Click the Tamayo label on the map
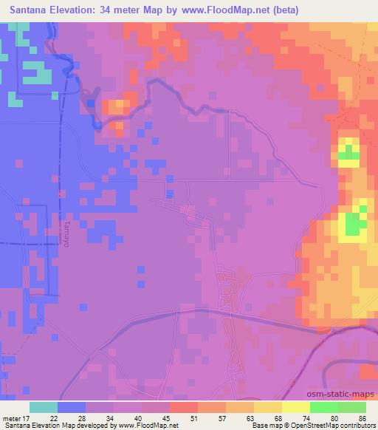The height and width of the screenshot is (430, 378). [65, 233]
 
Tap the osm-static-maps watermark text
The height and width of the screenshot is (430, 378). [347, 393]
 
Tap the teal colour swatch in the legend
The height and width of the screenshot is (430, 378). [44, 408]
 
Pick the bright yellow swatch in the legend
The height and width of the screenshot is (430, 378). [296, 408]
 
